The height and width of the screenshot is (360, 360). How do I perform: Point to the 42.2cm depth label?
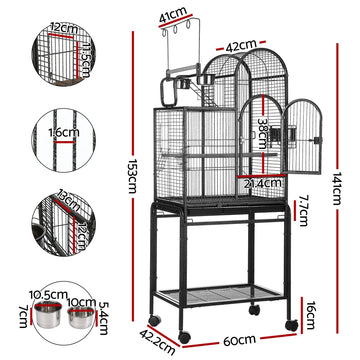tap(151, 337)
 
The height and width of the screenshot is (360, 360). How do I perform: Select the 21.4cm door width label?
tap(256, 183)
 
